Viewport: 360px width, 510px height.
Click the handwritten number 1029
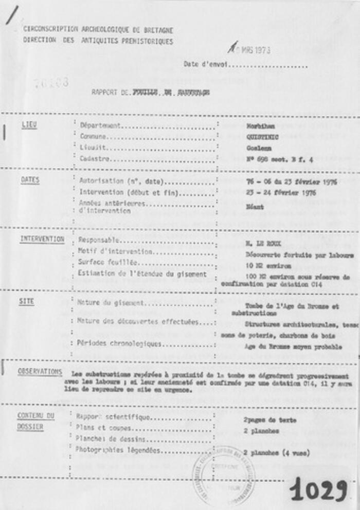point(318,489)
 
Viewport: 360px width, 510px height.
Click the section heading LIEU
point(29,125)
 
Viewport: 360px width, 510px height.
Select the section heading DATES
point(30,180)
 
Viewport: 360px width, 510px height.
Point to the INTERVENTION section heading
point(42,239)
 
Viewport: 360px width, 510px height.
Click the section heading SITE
point(27,302)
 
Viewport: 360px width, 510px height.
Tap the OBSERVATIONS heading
point(40,372)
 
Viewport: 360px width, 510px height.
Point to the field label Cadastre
point(95,159)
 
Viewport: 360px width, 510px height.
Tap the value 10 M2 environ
point(265,265)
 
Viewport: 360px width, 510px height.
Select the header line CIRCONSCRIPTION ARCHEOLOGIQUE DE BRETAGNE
point(98,30)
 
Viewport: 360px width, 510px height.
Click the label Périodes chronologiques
point(120,343)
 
